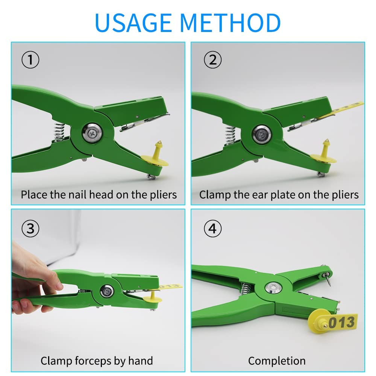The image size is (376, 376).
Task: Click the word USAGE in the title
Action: coord(133,23)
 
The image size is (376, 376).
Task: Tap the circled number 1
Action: coord(30,60)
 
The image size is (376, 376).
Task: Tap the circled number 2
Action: coord(212,60)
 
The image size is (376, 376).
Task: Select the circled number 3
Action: coord(30,229)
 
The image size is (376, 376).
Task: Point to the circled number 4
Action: coord(212,229)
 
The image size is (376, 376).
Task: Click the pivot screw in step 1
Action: coord(92,133)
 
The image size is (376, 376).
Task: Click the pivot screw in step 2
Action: coord(262,135)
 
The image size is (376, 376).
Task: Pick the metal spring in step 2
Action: coord(230,135)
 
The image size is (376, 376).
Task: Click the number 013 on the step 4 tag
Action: coord(342,322)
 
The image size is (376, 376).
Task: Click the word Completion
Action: coord(277,361)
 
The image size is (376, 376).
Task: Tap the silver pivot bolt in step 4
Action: coord(273,287)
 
